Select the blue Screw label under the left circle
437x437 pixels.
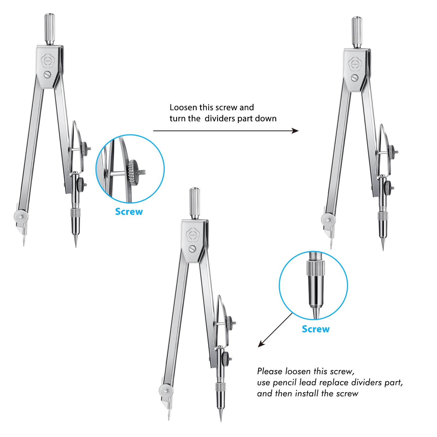(129, 212)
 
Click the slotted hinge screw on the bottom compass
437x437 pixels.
(193, 249)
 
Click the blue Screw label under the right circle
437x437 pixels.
(315, 329)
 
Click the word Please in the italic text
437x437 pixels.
(270, 371)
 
